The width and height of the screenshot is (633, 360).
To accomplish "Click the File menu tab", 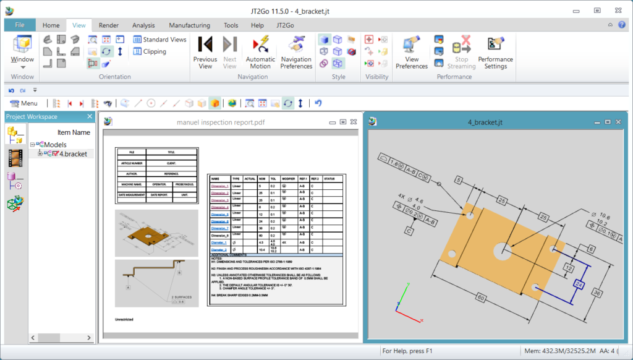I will coord(19,25).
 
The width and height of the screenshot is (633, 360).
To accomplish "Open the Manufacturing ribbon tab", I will coord(189,25).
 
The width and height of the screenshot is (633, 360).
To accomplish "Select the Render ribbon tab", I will coord(108,25).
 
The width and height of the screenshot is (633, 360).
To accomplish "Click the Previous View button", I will coord(205,52).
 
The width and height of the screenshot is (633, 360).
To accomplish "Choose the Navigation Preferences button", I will coord(296,52).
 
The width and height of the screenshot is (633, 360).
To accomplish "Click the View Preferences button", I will coord(412,52).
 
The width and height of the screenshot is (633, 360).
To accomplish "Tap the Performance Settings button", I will coord(495,52).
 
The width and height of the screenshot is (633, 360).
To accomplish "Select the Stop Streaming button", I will coord(461,52).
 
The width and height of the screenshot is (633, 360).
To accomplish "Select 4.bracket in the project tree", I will coord(73,154).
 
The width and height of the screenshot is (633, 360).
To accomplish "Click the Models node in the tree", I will coord(54,145).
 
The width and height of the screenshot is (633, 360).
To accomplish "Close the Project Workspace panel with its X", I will coord(90,117).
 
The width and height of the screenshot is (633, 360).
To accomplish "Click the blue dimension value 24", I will coord(580,284).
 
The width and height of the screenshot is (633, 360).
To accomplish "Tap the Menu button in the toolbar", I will coord(24,103).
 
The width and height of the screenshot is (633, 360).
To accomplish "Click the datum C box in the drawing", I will coord(409,231).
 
